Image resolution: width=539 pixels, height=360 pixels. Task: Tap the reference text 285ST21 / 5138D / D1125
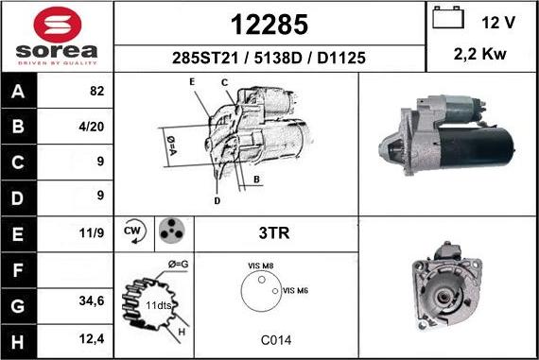click(x=269, y=59)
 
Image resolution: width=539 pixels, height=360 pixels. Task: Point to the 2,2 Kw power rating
click(x=481, y=55)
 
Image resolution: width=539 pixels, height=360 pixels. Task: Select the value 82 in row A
click(x=96, y=94)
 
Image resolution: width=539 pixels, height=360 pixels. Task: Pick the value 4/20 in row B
click(x=96, y=126)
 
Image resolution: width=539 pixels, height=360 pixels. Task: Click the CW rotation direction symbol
click(x=133, y=231)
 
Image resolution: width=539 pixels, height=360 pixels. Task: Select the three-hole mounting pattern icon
click(x=170, y=231)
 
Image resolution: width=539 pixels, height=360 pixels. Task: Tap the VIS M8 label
click(x=260, y=267)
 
